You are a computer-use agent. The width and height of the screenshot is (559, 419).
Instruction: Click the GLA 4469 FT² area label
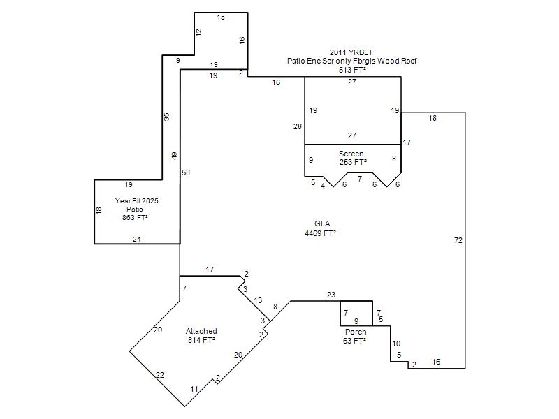pyautogui.click(x=321, y=228)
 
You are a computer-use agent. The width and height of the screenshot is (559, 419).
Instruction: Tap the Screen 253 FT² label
pyautogui.click(x=352, y=158)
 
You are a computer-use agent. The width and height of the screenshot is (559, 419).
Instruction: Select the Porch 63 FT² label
pyautogui.click(x=355, y=337)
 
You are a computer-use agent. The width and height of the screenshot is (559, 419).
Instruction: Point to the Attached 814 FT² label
pyautogui.click(x=201, y=336)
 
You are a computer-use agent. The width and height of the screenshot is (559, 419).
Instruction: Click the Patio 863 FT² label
pyautogui.click(x=135, y=213)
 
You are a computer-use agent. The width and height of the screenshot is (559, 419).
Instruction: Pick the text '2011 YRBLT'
pyautogui.click(x=351, y=52)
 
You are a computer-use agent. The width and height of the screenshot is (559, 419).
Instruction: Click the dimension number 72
pyautogui.click(x=458, y=240)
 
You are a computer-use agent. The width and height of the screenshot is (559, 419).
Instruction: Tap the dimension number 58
pyautogui.click(x=186, y=172)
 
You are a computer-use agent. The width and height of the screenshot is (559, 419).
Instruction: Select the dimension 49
pyautogui.click(x=174, y=156)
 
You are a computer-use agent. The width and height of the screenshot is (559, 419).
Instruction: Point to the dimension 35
pyautogui.click(x=166, y=117)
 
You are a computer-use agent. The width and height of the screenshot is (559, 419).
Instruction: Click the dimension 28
pyautogui.click(x=298, y=126)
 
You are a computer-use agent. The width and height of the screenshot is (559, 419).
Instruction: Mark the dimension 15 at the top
pyautogui.click(x=221, y=17)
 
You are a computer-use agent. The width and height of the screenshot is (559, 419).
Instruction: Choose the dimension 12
pyautogui.click(x=198, y=31)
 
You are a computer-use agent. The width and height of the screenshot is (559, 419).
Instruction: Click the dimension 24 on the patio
pyautogui.click(x=137, y=239)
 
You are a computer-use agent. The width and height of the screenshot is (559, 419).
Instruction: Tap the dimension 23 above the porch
pyautogui.click(x=331, y=295)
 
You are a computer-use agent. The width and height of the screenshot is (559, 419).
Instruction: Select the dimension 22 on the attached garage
pyautogui.click(x=160, y=375)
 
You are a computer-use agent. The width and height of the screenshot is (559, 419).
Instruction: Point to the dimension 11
pyautogui.click(x=194, y=389)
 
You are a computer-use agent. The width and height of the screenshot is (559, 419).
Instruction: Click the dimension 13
pyautogui.click(x=258, y=300)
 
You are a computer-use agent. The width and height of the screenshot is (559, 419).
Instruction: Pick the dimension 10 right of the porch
pyautogui.click(x=396, y=344)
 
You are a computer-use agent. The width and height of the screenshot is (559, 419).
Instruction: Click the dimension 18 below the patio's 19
pyautogui.click(x=99, y=210)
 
